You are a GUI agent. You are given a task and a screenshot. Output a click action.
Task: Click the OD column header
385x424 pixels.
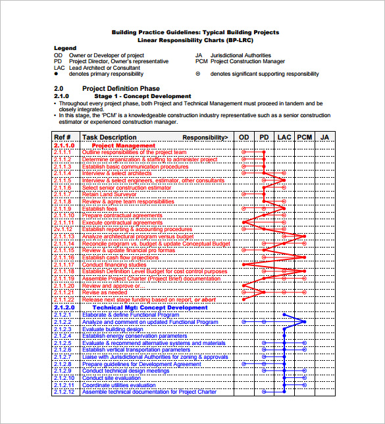244,137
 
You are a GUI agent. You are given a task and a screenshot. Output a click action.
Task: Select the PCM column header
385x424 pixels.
304,137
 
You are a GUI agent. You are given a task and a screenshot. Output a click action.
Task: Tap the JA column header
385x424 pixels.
324,137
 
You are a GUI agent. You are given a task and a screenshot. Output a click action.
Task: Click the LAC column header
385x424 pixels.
284,137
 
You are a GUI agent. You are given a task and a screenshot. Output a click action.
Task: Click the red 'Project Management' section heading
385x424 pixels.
124,146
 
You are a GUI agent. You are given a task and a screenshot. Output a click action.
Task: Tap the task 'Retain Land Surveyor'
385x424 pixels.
110,194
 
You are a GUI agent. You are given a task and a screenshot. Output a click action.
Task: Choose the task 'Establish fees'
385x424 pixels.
99,209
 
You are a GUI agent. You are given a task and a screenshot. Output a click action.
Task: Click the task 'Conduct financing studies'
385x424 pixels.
115,265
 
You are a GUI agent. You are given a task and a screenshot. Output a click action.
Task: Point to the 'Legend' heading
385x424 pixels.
65,49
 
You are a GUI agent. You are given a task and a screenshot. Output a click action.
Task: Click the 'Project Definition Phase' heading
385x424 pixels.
120,89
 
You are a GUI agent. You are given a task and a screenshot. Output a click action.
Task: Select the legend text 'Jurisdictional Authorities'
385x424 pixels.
240,56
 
